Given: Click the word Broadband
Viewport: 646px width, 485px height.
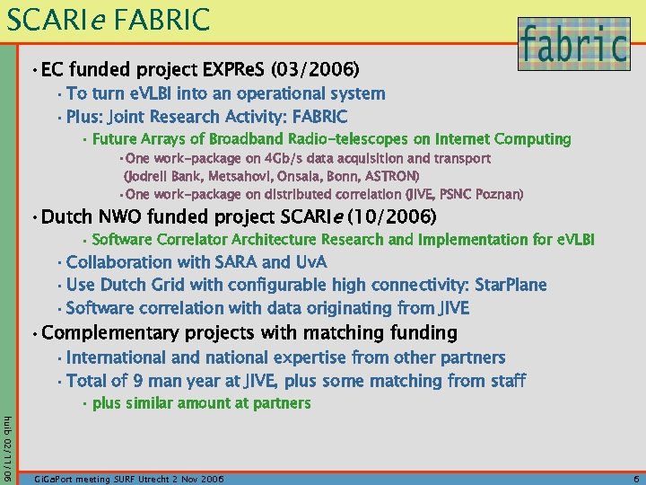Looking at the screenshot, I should [x=247, y=139].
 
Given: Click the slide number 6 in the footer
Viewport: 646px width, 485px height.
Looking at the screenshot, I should [x=635, y=480].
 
